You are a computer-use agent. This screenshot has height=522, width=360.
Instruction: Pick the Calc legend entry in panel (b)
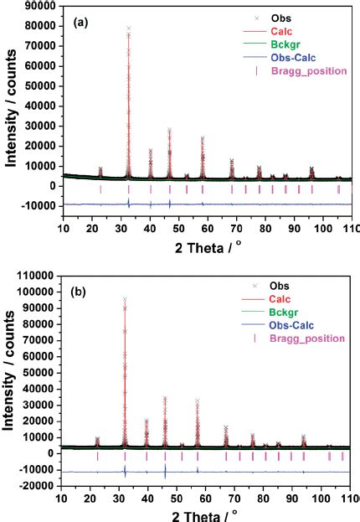pyautogui.click(x=285, y=298)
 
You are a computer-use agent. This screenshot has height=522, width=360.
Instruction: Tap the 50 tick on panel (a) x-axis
pyautogui.click(x=178, y=230)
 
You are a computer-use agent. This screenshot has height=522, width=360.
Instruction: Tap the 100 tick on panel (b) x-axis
pyautogui.click(x=323, y=497)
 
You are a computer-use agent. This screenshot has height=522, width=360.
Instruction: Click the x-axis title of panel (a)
pyautogui.click(x=206, y=248)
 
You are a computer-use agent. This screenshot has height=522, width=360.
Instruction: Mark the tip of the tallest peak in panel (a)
pyautogui.click(x=128, y=28)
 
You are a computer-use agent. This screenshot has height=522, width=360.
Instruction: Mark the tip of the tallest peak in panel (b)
pyautogui.click(x=125, y=297)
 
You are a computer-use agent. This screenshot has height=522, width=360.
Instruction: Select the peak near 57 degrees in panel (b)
pyautogui.click(x=198, y=401)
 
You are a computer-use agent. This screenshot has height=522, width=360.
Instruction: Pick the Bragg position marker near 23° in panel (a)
pyautogui.click(x=100, y=189)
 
